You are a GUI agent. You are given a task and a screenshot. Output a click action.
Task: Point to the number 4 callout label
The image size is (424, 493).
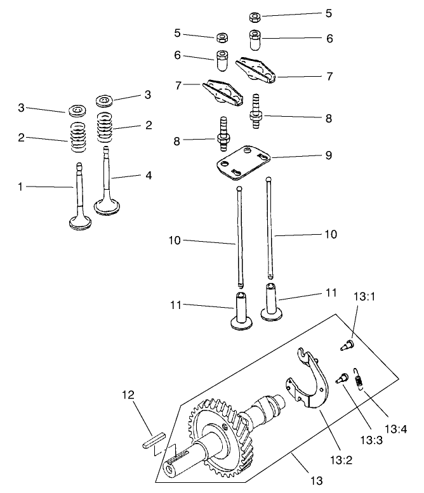pos(149,174)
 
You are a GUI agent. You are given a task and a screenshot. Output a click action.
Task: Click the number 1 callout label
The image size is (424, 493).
pos(20,187)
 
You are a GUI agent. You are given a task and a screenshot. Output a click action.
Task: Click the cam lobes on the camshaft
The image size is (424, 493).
pos(267,406)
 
